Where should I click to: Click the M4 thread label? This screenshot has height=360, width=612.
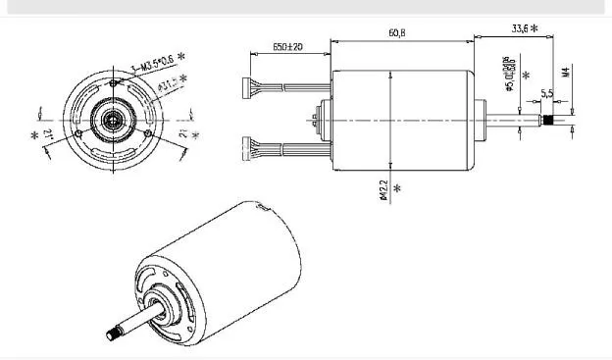tap(566, 72)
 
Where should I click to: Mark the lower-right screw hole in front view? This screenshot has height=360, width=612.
tap(146, 132)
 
